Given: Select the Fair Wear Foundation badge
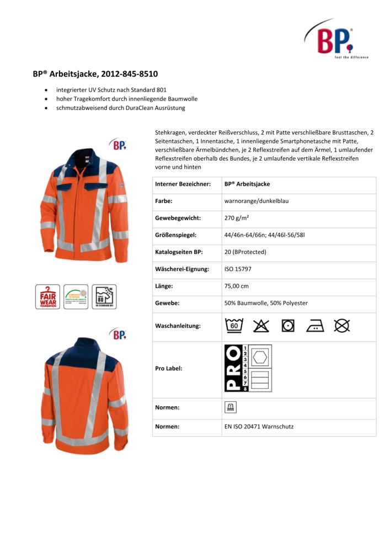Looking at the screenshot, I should pos(47,296).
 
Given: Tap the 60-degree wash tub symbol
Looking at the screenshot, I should pos(234,326).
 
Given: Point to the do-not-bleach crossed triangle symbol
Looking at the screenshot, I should pos(261,326).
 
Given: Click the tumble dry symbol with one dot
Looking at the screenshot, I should pos(288,326).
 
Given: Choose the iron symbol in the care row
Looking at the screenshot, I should pos(315,326).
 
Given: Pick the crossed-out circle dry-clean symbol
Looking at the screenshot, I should pos(342,326).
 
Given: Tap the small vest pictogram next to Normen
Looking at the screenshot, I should pos(229,407).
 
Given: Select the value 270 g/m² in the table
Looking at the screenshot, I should pos(237,218).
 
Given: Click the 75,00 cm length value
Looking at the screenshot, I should pos(237,286).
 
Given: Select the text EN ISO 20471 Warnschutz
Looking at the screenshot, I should pos(259,427).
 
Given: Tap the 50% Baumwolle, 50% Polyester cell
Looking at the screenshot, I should pos(266,303).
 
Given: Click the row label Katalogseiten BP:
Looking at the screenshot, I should pos(179,252).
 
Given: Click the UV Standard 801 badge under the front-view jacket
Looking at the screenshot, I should pos(104,296).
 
